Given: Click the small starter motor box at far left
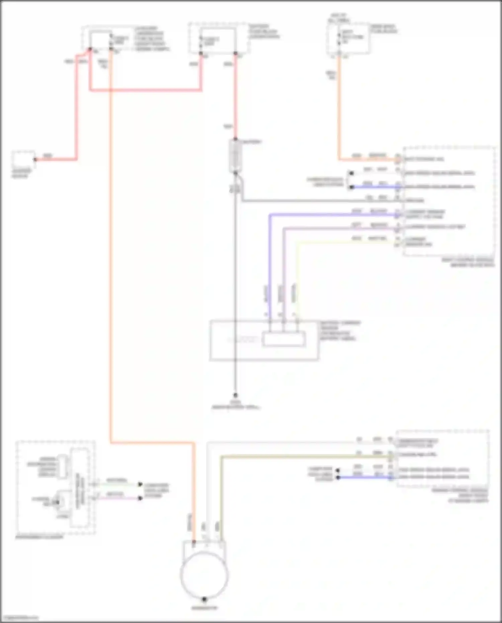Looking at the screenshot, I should pos(23,160).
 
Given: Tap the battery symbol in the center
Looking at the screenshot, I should pos(235,156).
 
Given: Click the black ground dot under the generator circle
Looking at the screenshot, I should pos(204,599).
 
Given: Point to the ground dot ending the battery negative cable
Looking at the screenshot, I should pos(235,395).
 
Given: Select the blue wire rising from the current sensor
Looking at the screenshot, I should pos(270,268).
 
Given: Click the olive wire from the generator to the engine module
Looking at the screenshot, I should pos(301,456).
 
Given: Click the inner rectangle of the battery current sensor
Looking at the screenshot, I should pos(284,339).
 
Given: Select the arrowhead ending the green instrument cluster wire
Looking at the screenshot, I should pos(140,484).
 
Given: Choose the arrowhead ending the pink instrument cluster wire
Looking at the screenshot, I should pos(140,498).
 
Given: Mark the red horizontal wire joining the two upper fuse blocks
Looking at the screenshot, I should pos(146,90).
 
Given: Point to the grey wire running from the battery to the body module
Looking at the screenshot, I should pos(318,201).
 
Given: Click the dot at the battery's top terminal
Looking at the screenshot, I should pos(235,139).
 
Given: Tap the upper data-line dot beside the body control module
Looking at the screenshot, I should pos(351,173).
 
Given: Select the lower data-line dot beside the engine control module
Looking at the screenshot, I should pos(338,477).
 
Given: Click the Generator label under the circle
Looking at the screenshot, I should pos(204,608).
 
